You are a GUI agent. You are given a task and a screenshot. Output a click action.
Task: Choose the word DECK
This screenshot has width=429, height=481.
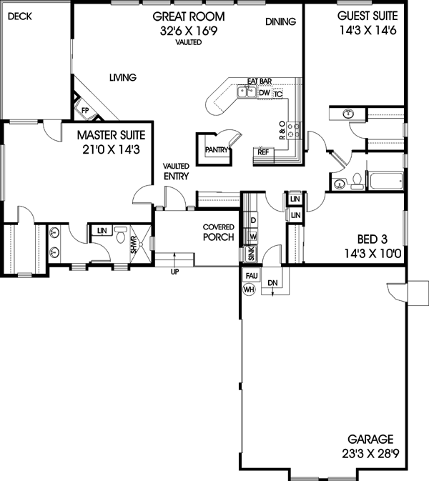coord(20,16)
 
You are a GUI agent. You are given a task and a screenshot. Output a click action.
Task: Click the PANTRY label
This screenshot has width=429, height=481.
coord(216,149)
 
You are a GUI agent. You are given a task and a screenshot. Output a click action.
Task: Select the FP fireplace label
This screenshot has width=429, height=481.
coord(84,111)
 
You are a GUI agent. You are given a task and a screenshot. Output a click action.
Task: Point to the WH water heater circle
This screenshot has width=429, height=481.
coord(249,289)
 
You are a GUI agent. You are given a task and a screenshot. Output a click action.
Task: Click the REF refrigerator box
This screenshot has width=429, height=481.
coord(263,152)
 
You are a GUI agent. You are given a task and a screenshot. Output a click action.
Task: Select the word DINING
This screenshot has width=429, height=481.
coord(280,22)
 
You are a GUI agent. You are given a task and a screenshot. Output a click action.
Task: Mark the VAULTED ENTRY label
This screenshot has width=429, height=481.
coord(176,172)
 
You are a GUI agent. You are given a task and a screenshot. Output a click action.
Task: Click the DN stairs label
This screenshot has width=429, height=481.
coord(272,282)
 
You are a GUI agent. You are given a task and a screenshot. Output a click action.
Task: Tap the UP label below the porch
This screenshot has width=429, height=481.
coord(174,272)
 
